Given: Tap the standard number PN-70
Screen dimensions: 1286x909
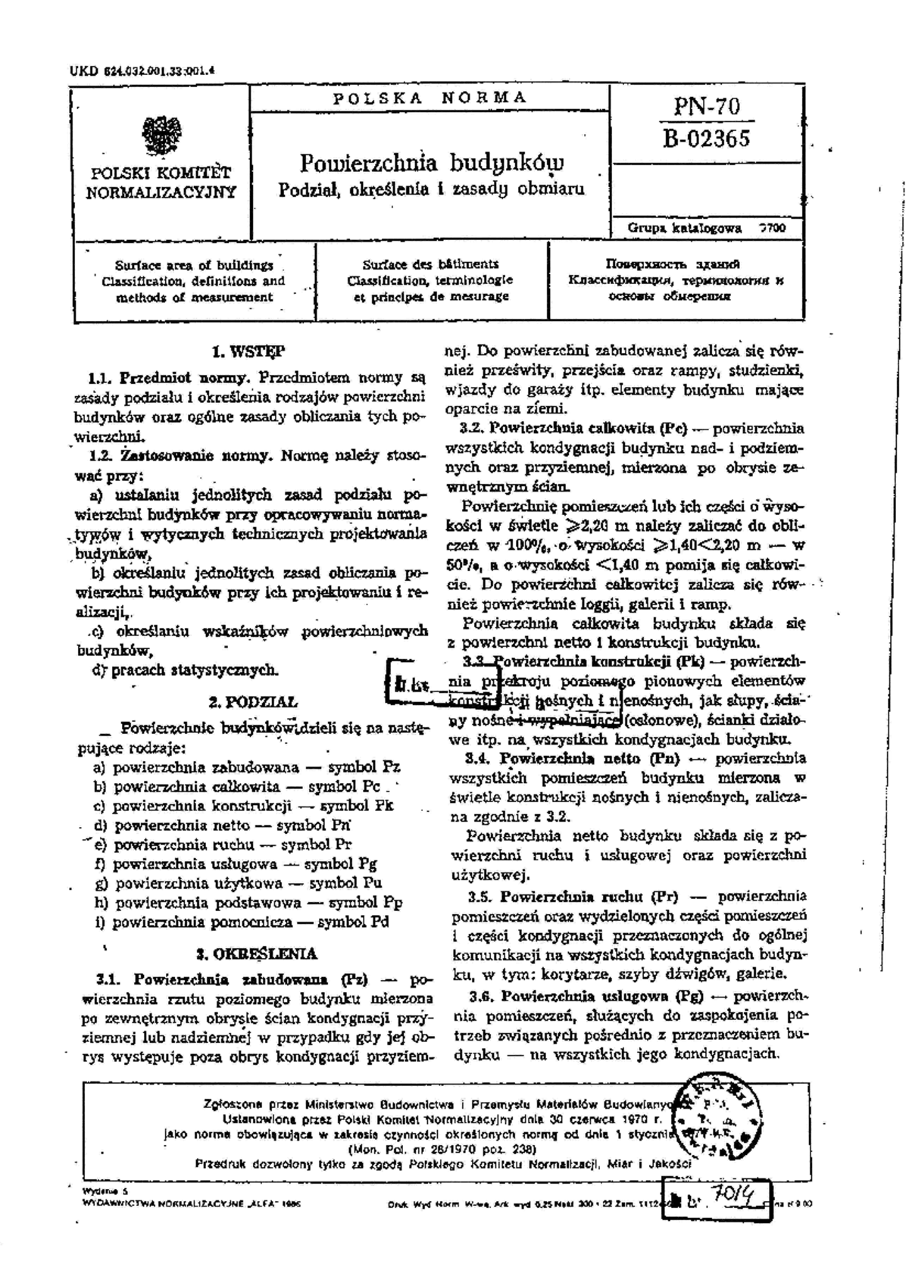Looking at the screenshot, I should pos(706,107).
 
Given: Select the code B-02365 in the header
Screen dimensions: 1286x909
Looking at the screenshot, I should pos(706,139).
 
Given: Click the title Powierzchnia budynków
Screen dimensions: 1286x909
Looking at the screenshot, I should pos(432,162).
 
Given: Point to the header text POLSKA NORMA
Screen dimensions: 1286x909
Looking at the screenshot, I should pos(430,97).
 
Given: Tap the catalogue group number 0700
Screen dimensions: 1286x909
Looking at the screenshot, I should pos(773,228).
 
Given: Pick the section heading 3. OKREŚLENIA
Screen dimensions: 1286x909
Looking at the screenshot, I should pos(256,954).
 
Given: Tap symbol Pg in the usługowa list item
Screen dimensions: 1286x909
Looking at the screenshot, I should pos(366,863).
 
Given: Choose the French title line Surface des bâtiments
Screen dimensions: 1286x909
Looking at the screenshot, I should pos(430,264).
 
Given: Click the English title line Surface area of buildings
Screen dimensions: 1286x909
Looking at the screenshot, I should pos(194,265).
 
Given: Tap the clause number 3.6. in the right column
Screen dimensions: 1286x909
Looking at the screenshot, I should pos(483,995).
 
